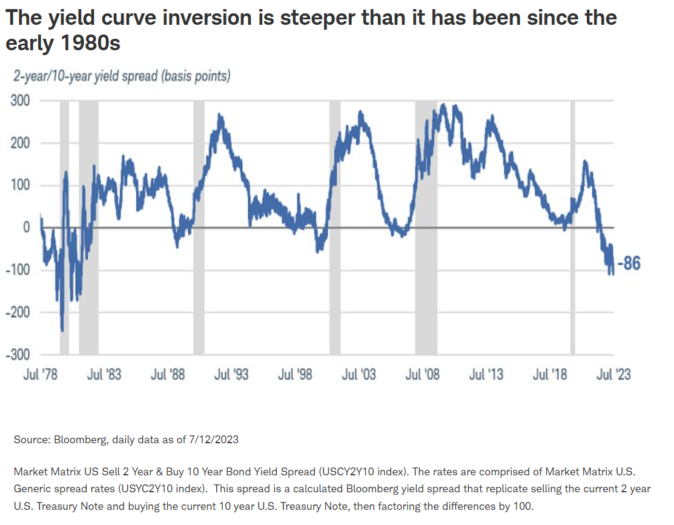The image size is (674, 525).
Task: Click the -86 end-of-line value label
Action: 628,263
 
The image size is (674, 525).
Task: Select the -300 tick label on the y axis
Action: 18,355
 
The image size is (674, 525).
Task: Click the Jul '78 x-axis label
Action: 40,374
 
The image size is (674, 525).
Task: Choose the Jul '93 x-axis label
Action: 231,374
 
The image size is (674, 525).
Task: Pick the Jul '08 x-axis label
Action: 422,374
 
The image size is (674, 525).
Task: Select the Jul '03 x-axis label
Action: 358,374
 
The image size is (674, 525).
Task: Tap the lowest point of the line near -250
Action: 62,331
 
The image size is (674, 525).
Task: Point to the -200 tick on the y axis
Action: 18,312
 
